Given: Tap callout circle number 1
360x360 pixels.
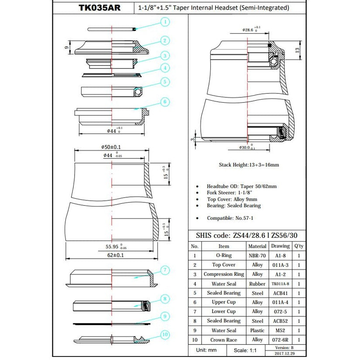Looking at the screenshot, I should pos(165,21).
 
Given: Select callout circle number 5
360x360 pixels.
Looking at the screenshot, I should pos(165,81).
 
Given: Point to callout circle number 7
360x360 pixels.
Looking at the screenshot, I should pos(165,271).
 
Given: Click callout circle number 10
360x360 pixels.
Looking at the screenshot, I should pos(165,335).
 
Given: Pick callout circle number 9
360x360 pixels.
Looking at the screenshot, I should pos(165,316).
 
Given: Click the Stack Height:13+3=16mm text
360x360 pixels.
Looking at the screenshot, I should pos(249,165).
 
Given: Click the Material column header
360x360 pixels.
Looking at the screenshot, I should pos(257,246).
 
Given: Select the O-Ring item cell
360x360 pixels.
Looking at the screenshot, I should pos(223,255).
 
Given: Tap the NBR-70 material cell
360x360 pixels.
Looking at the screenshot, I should pos(257,255).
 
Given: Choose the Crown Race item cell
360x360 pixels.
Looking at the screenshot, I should pos(223,340).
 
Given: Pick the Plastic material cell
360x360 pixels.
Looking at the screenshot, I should pos(257,331).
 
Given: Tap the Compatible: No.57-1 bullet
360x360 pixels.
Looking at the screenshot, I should pos(230,218).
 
